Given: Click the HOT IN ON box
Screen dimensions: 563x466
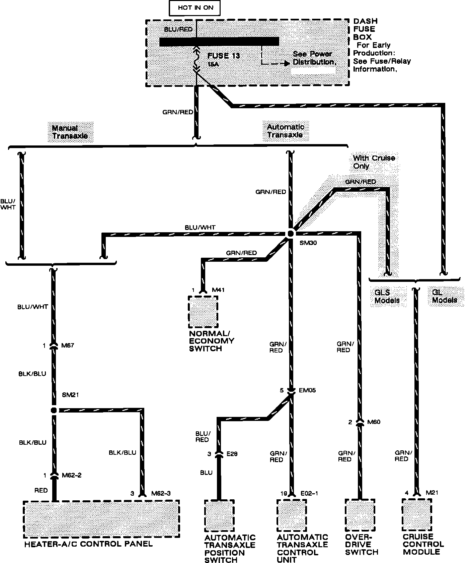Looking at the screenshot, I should click(195, 8).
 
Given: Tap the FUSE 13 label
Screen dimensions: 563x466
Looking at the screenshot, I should click(224, 56).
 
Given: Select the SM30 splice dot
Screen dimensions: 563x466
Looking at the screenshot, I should click(291, 234).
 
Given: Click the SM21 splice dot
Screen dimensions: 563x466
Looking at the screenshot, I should click(54, 410).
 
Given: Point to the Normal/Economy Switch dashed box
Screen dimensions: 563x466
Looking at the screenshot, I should click(203, 311).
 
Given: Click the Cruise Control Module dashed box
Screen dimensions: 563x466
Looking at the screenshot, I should click(417, 515).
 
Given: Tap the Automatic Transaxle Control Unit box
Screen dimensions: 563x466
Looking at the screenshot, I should click(291, 515).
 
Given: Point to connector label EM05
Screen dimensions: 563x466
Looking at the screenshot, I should click(308, 390).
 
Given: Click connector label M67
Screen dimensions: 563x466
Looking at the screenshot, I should click(68, 346).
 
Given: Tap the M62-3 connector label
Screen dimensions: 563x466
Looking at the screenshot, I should click(161, 493).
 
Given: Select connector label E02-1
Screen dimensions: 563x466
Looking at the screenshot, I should click(309, 493).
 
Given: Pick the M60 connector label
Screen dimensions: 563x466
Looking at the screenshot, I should click(374, 422).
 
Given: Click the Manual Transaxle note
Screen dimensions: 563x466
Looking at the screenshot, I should click(70, 132).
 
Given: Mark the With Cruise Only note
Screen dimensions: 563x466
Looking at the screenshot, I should click(374, 162).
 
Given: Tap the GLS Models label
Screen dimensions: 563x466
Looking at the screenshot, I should click(387, 296).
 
